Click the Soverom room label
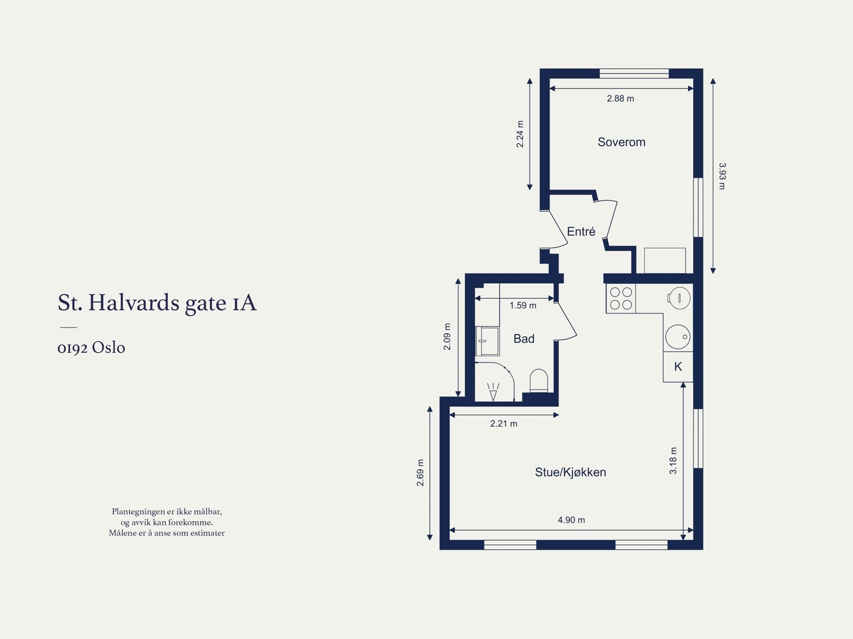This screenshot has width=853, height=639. point(621,142)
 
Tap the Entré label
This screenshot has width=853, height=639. point(581,231)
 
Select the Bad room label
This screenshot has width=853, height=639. point(524,339)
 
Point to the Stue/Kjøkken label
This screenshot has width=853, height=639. point(570,472)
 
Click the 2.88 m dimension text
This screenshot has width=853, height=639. point(620,99)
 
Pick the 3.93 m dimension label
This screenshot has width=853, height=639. point(722,176)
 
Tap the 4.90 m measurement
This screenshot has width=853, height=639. point(571,520)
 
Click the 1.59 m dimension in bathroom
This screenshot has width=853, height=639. point(522,306)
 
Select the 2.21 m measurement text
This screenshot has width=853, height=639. point(503,424)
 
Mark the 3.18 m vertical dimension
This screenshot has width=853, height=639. point(673,460)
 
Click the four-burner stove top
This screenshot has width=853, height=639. point(621,299)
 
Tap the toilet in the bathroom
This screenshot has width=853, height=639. point(539,381)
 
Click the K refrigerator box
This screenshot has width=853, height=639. point(678,367)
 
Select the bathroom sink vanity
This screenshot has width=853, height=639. point(487,341)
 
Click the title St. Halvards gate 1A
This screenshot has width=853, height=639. point(157,303)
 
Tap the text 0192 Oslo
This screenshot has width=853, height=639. point(91,348)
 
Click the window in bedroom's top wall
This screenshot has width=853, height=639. point(634,74)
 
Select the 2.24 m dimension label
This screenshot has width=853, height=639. point(520,134)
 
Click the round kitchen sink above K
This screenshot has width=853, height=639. point(678,337)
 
